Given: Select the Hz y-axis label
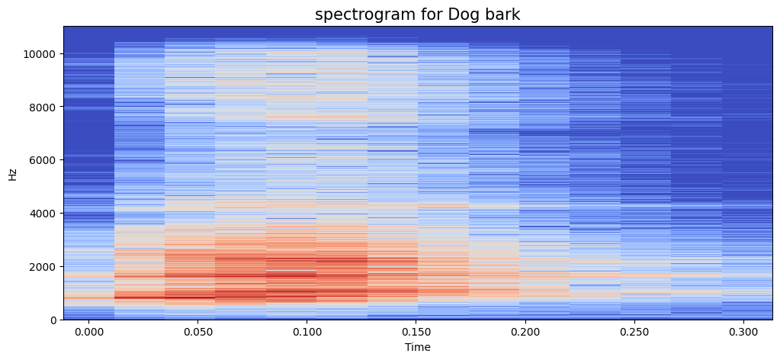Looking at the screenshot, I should click(x=13, y=174).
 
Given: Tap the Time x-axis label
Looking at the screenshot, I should click(x=418, y=348).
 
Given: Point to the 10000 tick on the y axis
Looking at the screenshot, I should click(x=40, y=54).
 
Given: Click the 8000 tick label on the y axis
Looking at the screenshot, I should click(x=43, y=107).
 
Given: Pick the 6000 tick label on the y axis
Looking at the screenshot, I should click(x=43, y=160).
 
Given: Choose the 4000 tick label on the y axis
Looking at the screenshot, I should click(x=43, y=213).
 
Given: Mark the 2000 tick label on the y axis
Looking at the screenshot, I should click(x=43, y=266).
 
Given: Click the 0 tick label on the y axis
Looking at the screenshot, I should click(x=53, y=320).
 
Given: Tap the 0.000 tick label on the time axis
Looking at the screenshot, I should click(x=88, y=333).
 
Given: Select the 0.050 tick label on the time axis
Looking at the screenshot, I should click(x=197, y=333).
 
